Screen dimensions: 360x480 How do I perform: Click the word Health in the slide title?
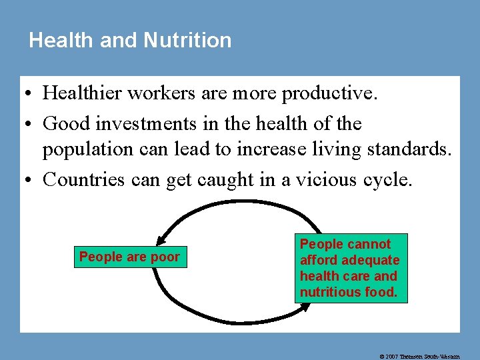(x=61, y=40)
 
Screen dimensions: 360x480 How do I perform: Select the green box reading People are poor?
(x=129, y=257)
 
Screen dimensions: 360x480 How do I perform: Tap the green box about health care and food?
(x=350, y=268)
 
